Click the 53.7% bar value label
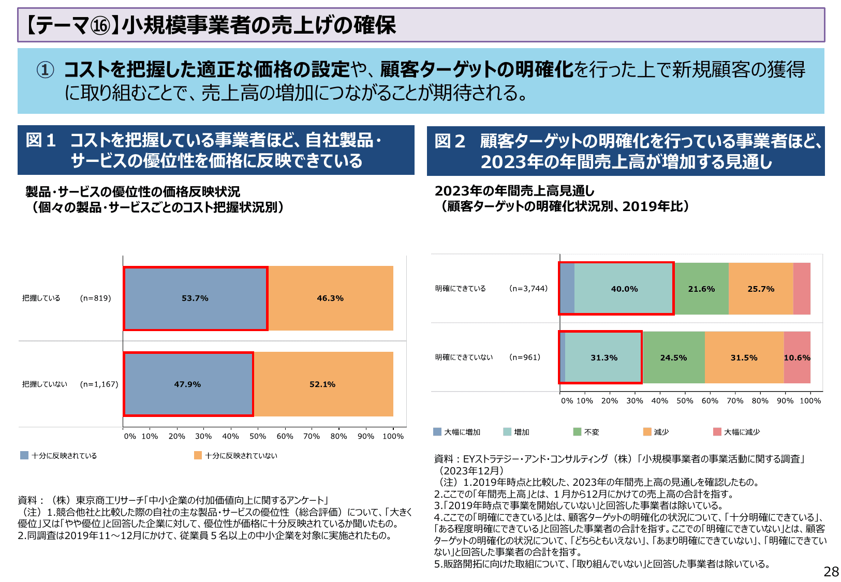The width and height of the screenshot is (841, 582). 195,299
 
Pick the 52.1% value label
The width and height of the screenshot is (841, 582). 322,384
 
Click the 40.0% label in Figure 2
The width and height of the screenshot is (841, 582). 624,289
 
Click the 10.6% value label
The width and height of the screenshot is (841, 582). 797,358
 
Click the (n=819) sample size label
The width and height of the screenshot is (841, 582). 96,299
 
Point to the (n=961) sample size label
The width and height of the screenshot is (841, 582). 525,357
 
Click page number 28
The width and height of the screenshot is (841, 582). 831,572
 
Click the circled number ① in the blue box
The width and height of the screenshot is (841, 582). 45,70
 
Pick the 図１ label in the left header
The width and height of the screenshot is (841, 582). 41,140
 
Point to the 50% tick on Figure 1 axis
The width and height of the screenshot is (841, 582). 258,436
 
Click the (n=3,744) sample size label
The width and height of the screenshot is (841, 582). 528,289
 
